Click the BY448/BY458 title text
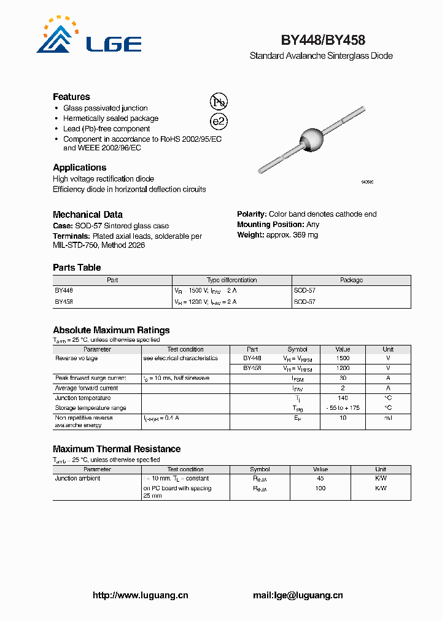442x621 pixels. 323,40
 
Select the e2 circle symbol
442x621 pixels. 219,121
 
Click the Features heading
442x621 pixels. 71,97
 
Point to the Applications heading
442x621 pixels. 79,168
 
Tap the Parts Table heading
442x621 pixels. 77,268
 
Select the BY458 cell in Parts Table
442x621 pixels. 64,302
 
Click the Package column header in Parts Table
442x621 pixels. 351,280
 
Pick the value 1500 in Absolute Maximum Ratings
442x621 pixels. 343,358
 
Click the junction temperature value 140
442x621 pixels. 343,398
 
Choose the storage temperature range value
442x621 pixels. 343,408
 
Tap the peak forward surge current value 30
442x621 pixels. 343,378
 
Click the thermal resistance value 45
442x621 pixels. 320,478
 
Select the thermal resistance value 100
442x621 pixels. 320,488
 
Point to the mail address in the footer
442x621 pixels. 298,595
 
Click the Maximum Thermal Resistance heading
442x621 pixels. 117,449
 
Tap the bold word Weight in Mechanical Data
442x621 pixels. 250,235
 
